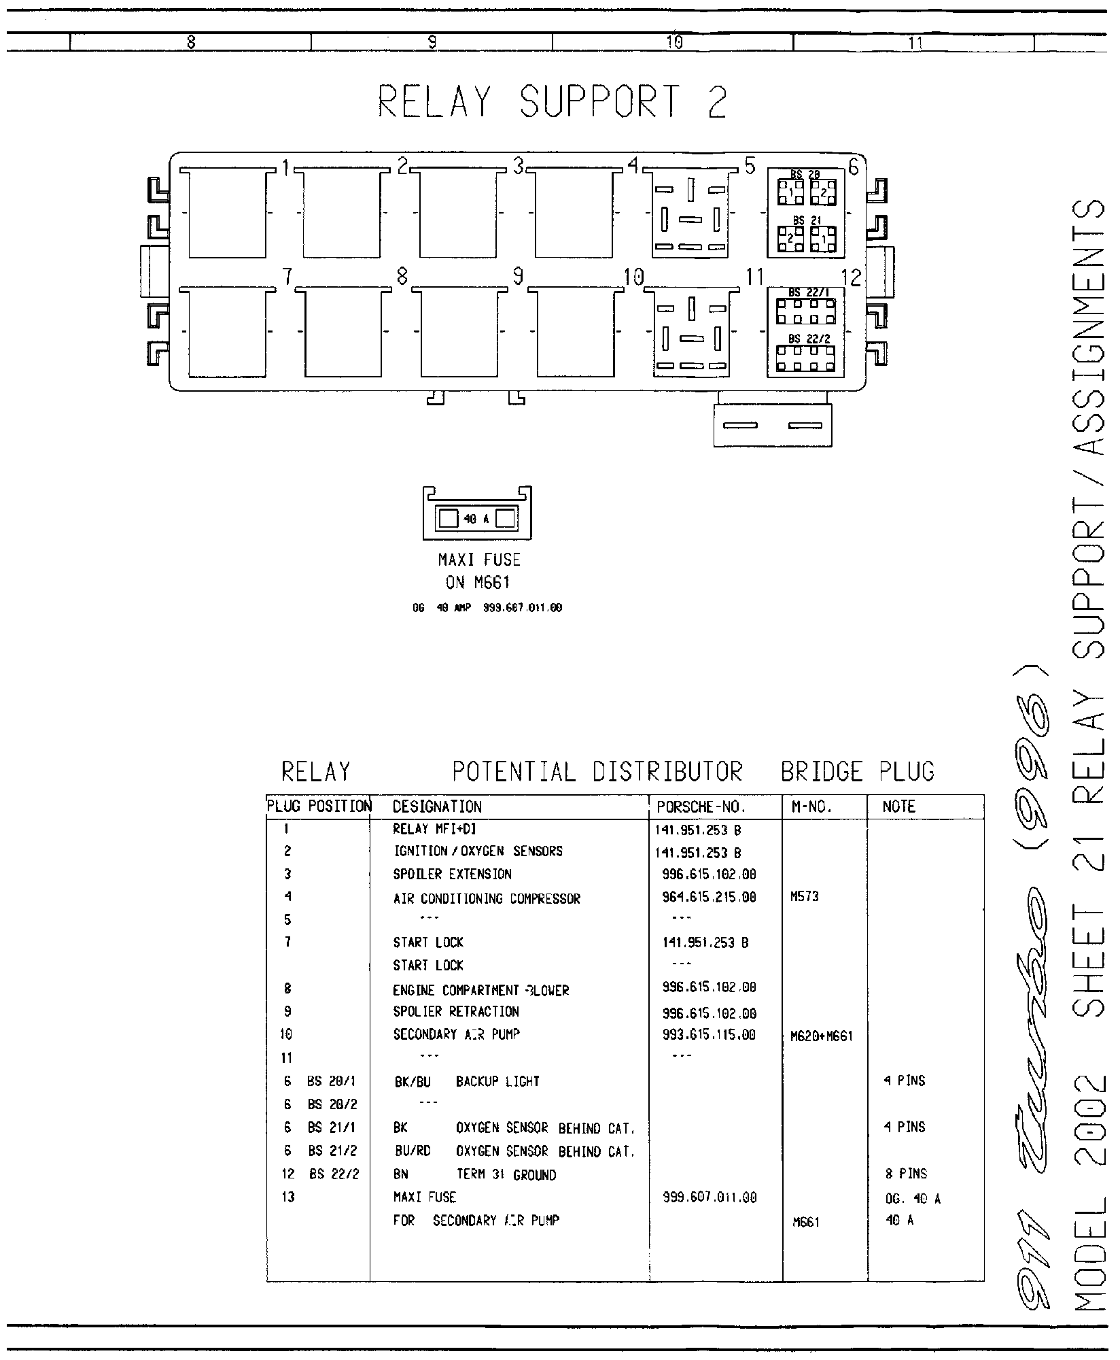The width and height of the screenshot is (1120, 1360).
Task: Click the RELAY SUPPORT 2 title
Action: pyautogui.click(x=552, y=102)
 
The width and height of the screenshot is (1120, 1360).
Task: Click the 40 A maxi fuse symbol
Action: pyautogui.click(x=477, y=519)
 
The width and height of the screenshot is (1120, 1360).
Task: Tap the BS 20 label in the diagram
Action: pyautogui.click(x=806, y=175)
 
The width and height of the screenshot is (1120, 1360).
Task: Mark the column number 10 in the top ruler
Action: pyautogui.click(x=673, y=43)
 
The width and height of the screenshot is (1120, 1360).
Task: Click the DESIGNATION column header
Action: pyautogui.click(x=437, y=807)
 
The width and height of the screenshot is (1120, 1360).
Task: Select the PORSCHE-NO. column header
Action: pyautogui.click(x=701, y=807)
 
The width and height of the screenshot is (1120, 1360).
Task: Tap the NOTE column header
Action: pyautogui.click(x=898, y=807)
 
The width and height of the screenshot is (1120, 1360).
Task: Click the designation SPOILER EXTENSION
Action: pyautogui.click(x=452, y=874)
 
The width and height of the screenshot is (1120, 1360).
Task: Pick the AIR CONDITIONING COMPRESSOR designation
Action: pyautogui.click(x=487, y=898)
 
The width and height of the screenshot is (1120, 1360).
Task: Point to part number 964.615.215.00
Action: pyautogui.click(x=708, y=898)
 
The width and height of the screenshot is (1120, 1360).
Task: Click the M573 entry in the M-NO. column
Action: pyautogui.click(x=804, y=897)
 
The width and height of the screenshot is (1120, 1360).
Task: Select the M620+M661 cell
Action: pyautogui.click(x=821, y=1036)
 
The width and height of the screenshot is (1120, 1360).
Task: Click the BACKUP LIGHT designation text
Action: pyautogui.click(x=497, y=1081)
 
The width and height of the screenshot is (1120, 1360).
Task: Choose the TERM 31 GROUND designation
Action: pyautogui.click(x=506, y=1174)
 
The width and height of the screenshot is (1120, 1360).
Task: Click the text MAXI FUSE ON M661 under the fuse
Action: pyautogui.click(x=478, y=571)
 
